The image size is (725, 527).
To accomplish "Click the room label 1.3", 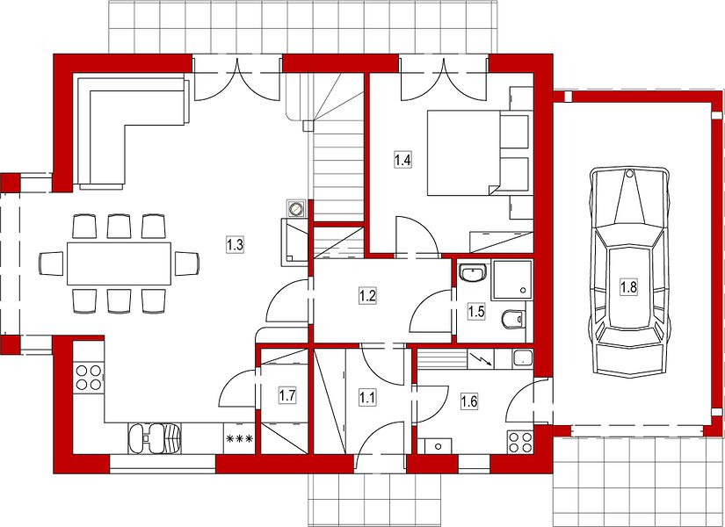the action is tap(235, 244).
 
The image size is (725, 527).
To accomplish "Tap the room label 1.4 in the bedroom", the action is tap(402, 160).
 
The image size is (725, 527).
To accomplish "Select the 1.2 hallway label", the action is tap(367, 295).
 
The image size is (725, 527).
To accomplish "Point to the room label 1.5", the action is tap(475, 311).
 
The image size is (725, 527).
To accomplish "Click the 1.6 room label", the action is tap(469, 401).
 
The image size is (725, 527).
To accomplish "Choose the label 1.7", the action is tap(287, 395).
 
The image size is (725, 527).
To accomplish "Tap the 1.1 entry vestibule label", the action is tap(367, 397).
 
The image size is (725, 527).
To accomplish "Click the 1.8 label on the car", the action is tap(628, 287).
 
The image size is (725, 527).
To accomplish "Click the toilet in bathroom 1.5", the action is tap(513, 319).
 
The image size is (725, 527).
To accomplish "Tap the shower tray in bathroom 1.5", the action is tap(512, 278).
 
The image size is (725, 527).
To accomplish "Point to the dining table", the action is tap(119, 263).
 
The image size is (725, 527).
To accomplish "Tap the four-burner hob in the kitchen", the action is tap(89, 377).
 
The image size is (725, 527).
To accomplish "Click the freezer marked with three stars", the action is tap(238, 438).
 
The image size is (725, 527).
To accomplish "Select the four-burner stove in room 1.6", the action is tap(519, 442).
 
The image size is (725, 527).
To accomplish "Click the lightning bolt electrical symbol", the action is tap(481, 358).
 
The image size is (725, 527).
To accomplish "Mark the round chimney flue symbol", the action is tap(295, 209).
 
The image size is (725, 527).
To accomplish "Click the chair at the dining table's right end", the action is tap(187, 263).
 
